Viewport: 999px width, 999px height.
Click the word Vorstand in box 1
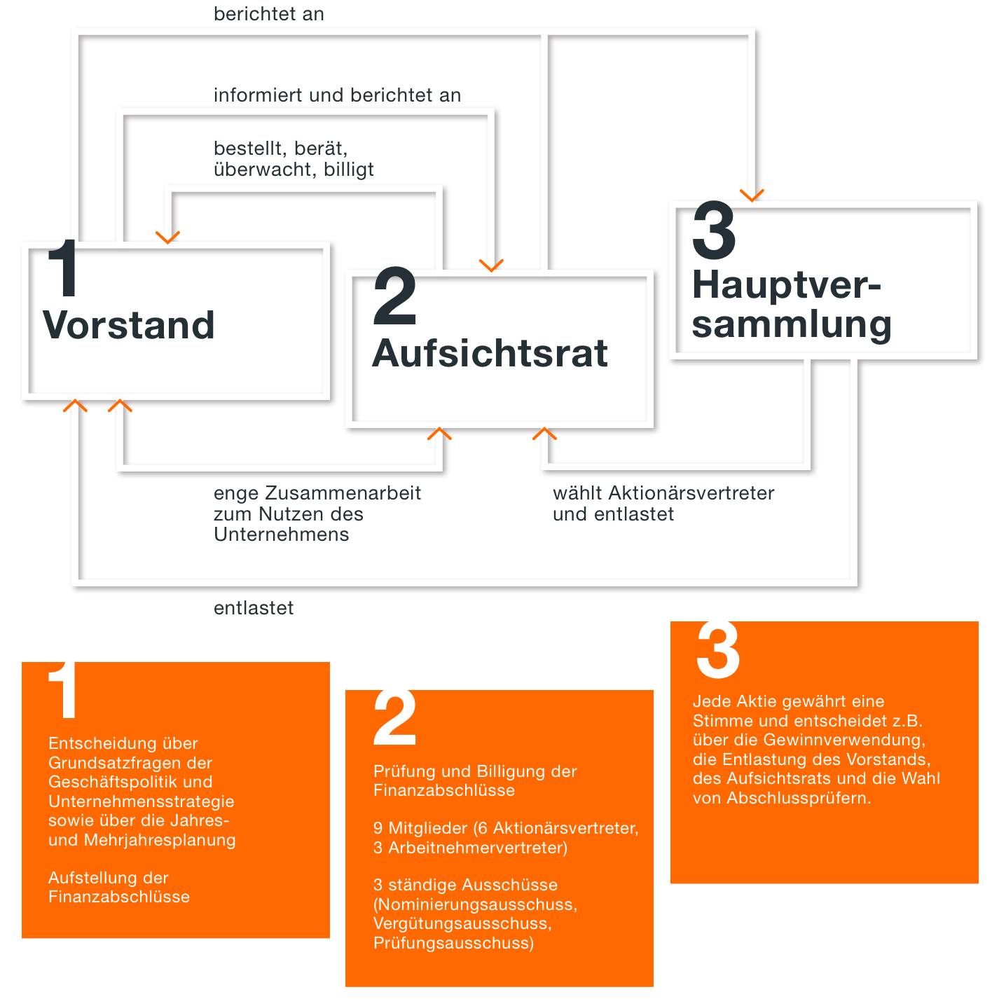point(129,325)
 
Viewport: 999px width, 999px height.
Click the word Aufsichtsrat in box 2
point(490,353)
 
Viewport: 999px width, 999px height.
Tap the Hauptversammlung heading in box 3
point(792,305)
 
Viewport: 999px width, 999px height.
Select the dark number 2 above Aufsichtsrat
point(394,296)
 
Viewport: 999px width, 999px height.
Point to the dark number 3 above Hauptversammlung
point(714,230)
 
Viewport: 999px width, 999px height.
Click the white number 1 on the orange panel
point(63,690)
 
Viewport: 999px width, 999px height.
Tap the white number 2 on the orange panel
point(394,718)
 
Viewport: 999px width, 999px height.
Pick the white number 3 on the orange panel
point(718,649)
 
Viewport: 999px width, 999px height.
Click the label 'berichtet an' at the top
point(268,14)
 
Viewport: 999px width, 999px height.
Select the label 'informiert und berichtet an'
point(337,95)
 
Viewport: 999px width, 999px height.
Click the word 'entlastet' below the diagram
point(254,607)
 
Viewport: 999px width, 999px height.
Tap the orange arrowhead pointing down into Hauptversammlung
point(751,195)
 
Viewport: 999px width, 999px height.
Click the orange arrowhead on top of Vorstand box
point(167,237)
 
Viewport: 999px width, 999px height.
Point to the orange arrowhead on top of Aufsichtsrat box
point(491,266)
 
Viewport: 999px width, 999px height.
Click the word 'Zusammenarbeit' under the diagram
point(343,493)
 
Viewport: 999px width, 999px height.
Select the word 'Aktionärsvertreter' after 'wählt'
point(691,493)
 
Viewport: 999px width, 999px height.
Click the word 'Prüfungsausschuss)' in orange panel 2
point(454,943)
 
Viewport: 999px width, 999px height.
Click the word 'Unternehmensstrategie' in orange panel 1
point(141,801)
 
